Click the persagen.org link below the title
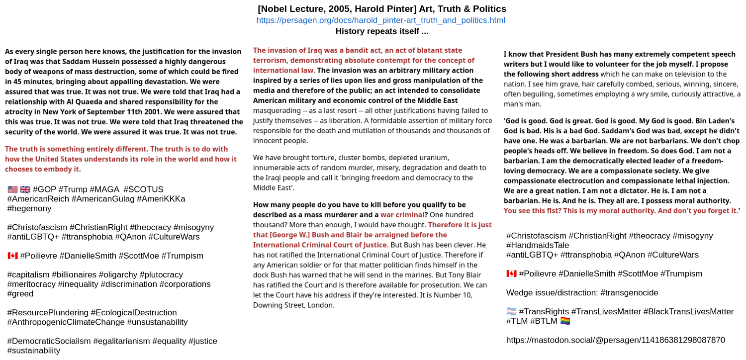tap(380, 20)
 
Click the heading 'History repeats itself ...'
tap(381, 31)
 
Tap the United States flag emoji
tap(12, 189)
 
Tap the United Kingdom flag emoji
tap(25, 189)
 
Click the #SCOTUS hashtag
tap(143, 189)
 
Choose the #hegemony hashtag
tap(29, 208)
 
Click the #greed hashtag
tap(20, 294)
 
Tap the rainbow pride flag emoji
tap(565, 321)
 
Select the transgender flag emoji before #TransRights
tap(511, 312)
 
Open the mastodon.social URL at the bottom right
tap(615, 340)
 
